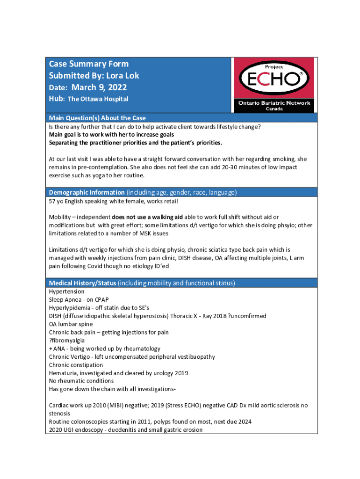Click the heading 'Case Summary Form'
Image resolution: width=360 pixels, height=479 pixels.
pyautogui.click(x=89, y=64)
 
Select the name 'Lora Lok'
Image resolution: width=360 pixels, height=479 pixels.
pyautogui.click(x=122, y=75)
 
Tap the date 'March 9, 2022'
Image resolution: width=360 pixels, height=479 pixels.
pyautogui.click(x=99, y=87)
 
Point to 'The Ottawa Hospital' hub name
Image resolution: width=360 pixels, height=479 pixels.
pyautogui.click(x=98, y=99)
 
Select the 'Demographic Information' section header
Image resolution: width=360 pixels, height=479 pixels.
pyautogui.click(x=86, y=192)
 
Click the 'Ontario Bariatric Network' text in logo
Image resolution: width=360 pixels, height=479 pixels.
pyautogui.click(x=274, y=103)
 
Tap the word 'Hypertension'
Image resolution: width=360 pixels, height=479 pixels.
pyautogui.click(x=67, y=291)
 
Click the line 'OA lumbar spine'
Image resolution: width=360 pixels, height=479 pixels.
pyautogui.click(x=71, y=324)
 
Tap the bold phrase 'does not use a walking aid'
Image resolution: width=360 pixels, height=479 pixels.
pyautogui.click(x=147, y=217)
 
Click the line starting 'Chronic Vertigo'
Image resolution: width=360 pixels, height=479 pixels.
pyautogui.click(x=132, y=356)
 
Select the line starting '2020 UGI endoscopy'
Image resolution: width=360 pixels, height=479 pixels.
pyautogui.click(x=126, y=429)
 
